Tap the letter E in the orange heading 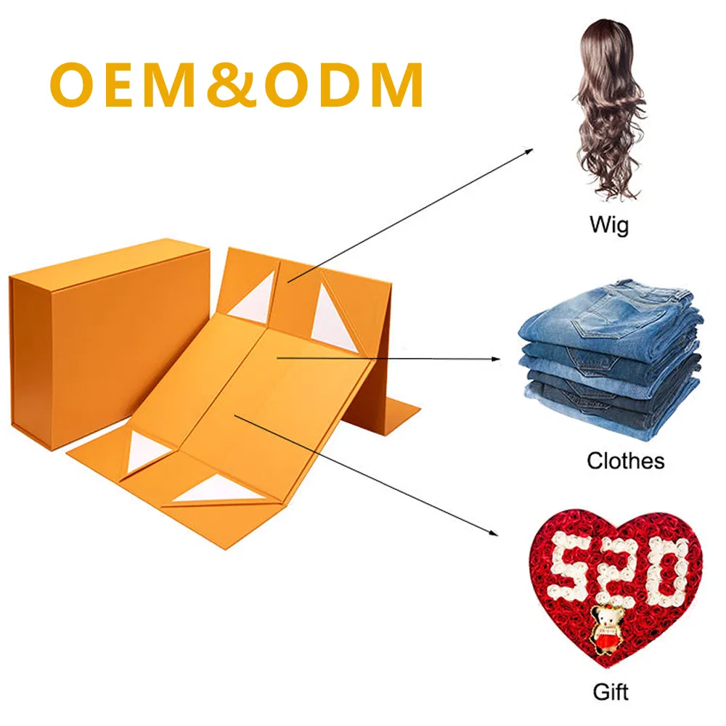[x=122, y=85]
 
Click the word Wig [x=609, y=226]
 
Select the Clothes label [x=626, y=461]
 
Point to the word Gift [x=611, y=692]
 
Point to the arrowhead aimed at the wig [x=529, y=151]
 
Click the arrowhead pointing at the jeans [x=496, y=359]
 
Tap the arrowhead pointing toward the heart [x=493, y=532]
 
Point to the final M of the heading [x=399, y=85]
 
